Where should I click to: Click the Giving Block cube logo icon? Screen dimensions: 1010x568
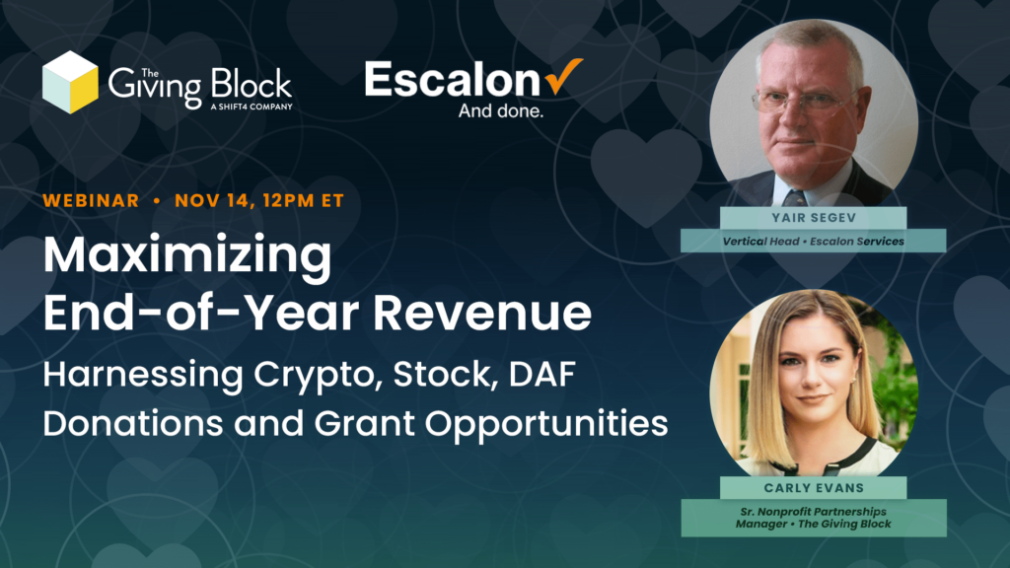click(70, 83)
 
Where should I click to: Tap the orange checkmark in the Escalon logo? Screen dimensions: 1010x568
click(563, 76)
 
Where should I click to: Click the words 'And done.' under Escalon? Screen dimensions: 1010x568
click(500, 110)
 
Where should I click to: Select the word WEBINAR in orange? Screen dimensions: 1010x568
click(91, 200)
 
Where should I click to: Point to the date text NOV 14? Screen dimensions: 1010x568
click(211, 200)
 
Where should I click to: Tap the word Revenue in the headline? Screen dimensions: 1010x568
click(481, 313)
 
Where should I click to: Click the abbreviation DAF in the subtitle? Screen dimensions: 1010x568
click(541, 374)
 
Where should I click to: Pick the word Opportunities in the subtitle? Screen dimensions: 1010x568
click(546, 425)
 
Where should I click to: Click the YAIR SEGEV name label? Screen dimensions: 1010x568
click(814, 218)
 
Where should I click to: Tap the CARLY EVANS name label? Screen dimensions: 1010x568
click(814, 488)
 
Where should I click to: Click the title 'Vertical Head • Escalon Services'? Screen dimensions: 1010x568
click(813, 242)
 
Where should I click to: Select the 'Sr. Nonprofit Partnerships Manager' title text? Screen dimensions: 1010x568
click(813, 518)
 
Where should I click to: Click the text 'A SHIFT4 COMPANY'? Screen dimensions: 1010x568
click(252, 106)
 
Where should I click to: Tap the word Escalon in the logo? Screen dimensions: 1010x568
click(453, 79)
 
